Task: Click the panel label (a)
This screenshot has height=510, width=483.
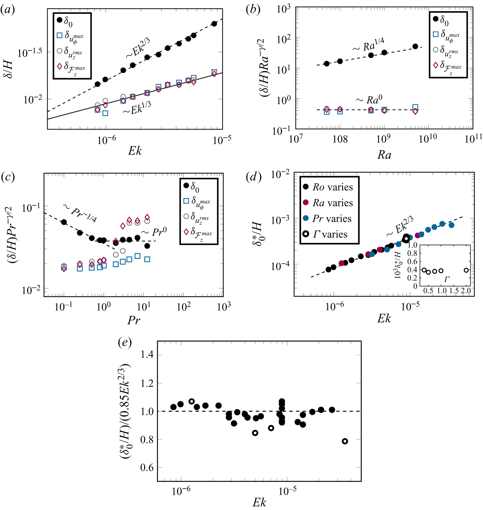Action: (7, 10)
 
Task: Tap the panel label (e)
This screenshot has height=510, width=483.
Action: (125, 343)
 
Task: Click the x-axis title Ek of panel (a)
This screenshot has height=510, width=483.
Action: (135, 151)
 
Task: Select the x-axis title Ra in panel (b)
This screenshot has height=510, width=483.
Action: (384, 155)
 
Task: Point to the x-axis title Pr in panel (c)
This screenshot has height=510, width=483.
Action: (134, 320)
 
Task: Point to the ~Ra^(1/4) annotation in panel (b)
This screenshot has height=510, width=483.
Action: (368, 45)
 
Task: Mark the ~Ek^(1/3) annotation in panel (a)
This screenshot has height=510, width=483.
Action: (137, 108)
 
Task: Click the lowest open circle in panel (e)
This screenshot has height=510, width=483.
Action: (345, 441)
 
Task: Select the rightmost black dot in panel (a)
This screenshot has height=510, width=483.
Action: (214, 24)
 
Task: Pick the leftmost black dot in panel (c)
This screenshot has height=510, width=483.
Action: (64, 222)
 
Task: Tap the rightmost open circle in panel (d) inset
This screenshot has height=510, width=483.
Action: (466, 270)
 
